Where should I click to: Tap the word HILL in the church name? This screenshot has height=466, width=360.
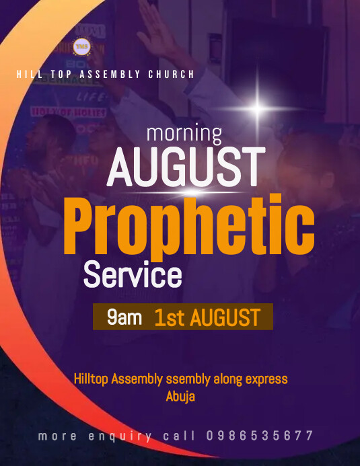pyautogui.click(x=28, y=75)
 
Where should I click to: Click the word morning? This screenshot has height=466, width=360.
pyautogui.click(x=184, y=132)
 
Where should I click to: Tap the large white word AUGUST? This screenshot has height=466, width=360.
pyautogui.click(x=185, y=167)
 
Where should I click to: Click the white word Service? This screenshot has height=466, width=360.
pyautogui.click(x=132, y=276)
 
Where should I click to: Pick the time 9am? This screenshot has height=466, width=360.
pyautogui.click(x=124, y=317)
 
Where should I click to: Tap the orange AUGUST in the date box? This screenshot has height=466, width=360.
pyautogui.click(x=225, y=317)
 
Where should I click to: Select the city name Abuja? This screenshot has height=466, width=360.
pyautogui.click(x=180, y=396)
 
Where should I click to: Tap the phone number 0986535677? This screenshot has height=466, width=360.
pyautogui.click(x=260, y=436)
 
